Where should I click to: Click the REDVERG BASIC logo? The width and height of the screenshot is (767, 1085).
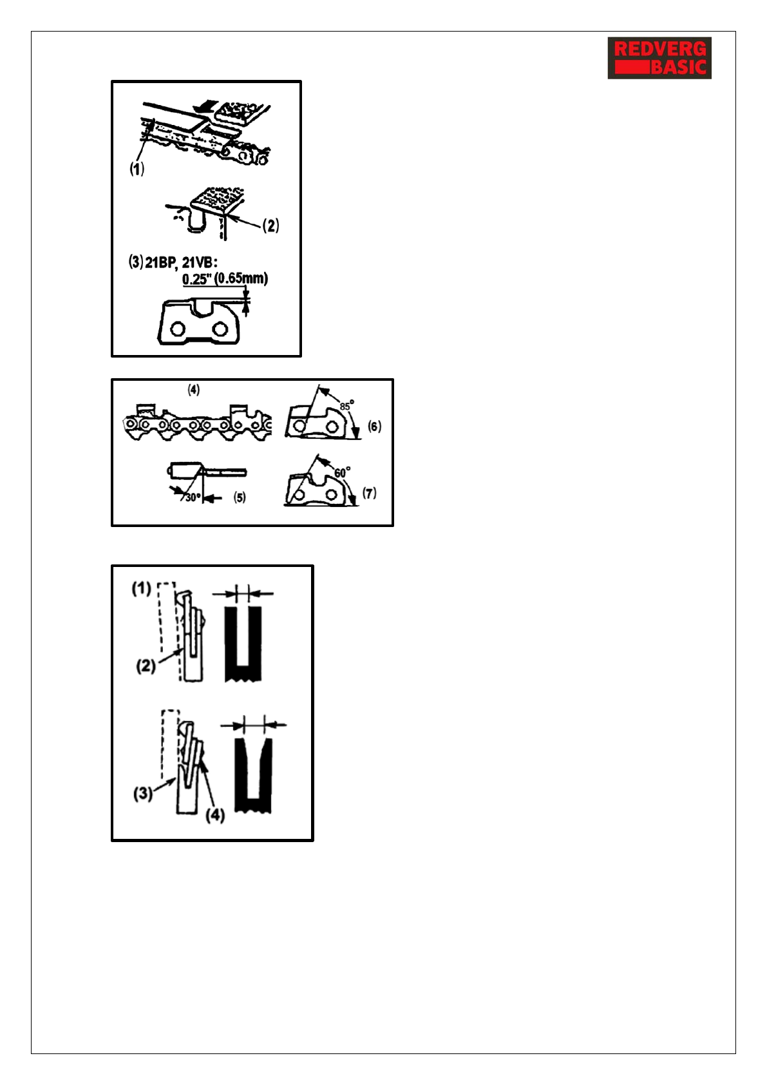pyautogui.click(x=659, y=58)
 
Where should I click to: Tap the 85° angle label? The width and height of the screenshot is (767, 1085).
pyautogui.click(x=346, y=406)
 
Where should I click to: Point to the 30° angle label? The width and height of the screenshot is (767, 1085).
pyautogui.click(x=193, y=497)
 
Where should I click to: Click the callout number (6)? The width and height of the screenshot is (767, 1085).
pyautogui.click(x=374, y=426)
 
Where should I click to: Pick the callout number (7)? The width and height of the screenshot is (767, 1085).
pyautogui.click(x=369, y=493)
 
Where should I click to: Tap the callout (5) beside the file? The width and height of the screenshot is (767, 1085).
pyautogui.click(x=240, y=497)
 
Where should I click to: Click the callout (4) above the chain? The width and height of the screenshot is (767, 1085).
pyautogui.click(x=194, y=390)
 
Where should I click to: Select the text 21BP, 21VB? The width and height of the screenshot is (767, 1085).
pyautogui.click(x=181, y=263)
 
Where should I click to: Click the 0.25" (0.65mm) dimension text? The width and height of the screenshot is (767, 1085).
pyautogui.click(x=225, y=278)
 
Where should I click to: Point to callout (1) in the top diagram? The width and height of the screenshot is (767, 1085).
pyautogui.click(x=137, y=169)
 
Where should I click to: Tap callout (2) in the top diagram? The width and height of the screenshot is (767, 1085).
pyautogui.click(x=271, y=226)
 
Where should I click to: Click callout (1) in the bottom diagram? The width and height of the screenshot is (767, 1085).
pyautogui.click(x=141, y=588)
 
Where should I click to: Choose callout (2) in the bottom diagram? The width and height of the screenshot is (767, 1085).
pyautogui.click(x=146, y=666)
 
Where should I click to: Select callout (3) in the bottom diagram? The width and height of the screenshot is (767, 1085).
pyautogui.click(x=143, y=793)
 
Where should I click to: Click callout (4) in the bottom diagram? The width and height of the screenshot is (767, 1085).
pyautogui.click(x=214, y=815)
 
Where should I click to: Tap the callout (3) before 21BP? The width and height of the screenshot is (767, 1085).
pyautogui.click(x=135, y=262)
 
